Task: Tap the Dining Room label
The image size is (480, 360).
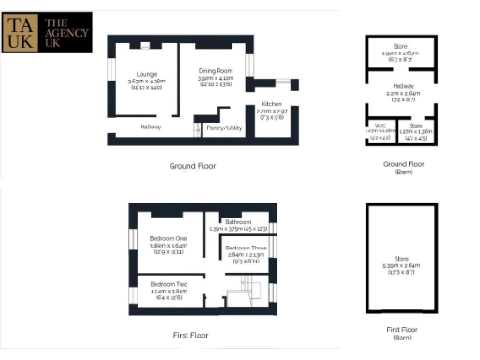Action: [x=215, y=71]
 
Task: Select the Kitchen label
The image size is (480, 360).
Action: [x=272, y=103]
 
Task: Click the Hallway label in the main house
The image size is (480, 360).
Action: [x=150, y=127]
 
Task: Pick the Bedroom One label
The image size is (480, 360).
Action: [x=169, y=238]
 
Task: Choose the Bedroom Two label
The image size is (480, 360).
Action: [x=169, y=283]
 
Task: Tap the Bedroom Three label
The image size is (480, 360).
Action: [x=246, y=247]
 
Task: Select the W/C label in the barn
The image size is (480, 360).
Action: [x=380, y=125]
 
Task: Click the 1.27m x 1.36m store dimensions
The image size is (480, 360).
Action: [x=417, y=132]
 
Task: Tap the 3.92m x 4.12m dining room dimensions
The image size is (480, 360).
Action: [x=215, y=79]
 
